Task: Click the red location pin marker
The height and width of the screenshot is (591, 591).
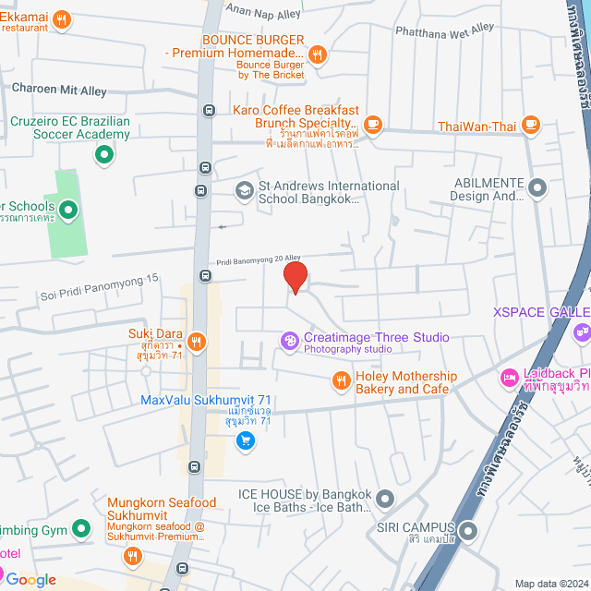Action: pyautogui.click(x=295, y=277)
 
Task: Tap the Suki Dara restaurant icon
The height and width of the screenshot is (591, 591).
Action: pyautogui.click(x=198, y=342)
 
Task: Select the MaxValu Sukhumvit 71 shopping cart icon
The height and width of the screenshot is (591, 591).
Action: pyautogui.click(x=245, y=441)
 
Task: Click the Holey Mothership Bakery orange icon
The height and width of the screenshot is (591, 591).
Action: pyautogui.click(x=341, y=380)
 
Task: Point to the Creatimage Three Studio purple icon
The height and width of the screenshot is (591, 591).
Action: pyautogui.click(x=289, y=342)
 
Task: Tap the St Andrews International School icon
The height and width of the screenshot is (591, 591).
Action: pyautogui.click(x=244, y=190)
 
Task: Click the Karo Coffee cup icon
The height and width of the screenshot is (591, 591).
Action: pyautogui.click(x=372, y=123)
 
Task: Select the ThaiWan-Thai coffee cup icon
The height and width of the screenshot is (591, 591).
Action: pyautogui.click(x=530, y=124)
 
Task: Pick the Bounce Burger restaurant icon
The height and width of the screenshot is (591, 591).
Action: pyautogui.click(x=318, y=54)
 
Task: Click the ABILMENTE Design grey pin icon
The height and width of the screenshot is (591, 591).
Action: pyautogui.click(x=537, y=189)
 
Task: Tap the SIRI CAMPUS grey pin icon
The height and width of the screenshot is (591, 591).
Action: pyautogui.click(x=468, y=531)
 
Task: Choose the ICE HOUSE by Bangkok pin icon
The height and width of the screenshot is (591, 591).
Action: pyautogui.click(x=385, y=500)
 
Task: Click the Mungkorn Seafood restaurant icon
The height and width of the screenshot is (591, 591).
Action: pyautogui.click(x=133, y=556)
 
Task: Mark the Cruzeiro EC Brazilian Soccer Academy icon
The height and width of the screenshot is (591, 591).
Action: pyautogui.click(x=105, y=154)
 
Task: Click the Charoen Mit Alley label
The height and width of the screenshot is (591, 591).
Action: pyautogui.click(x=59, y=90)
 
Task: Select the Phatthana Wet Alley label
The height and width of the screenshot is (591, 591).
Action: pyautogui.click(x=445, y=30)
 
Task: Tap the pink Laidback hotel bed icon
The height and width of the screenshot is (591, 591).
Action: pyautogui.click(x=508, y=378)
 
